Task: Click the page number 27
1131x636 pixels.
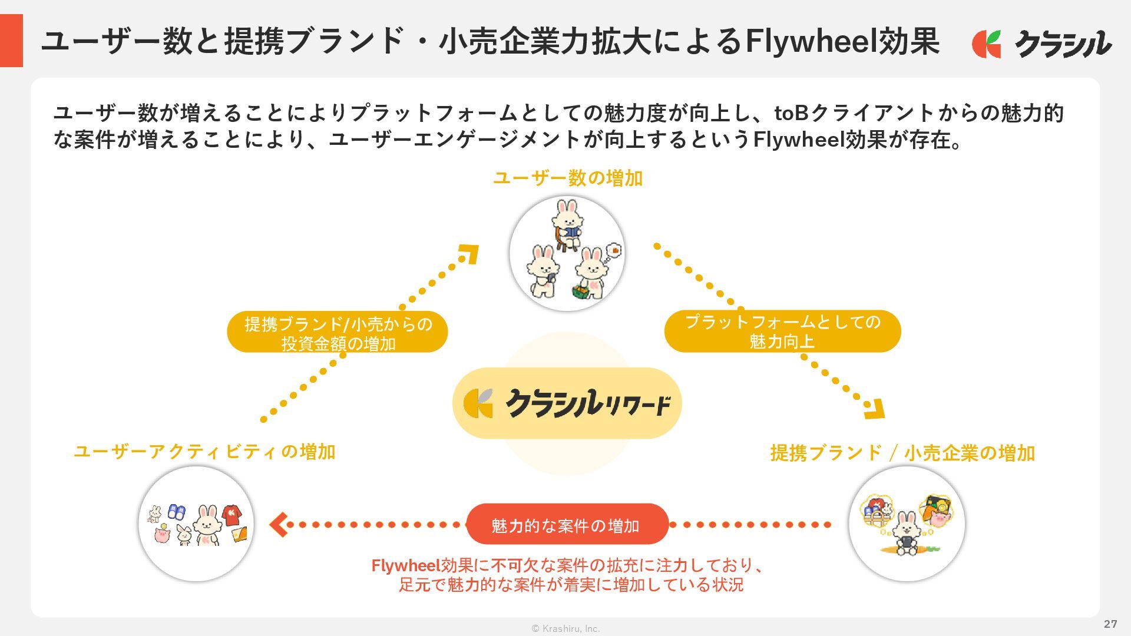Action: click(x=1110, y=624)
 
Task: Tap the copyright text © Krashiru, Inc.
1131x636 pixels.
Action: click(x=565, y=628)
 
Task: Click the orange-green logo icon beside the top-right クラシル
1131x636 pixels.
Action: click(x=986, y=44)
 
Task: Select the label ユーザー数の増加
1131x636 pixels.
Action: click(x=567, y=178)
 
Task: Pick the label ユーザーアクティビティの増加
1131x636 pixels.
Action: click(x=204, y=452)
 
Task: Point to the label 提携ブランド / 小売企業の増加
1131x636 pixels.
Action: click(x=902, y=453)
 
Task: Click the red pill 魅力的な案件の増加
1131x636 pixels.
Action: click(x=567, y=524)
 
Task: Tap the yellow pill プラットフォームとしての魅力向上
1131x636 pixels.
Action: click(x=782, y=332)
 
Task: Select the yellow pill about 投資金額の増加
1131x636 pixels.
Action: click(x=338, y=333)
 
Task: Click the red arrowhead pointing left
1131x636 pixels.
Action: click(x=278, y=524)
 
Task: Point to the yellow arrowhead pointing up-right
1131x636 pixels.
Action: click(x=469, y=254)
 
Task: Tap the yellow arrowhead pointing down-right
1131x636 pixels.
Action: click(x=875, y=409)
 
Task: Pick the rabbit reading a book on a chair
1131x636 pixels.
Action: click(x=567, y=224)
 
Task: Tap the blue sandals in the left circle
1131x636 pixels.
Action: click(x=176, y=511)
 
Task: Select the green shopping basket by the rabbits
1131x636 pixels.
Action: click(x=581, y=291)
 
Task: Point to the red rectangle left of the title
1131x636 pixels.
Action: click(x=11, y=41)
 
